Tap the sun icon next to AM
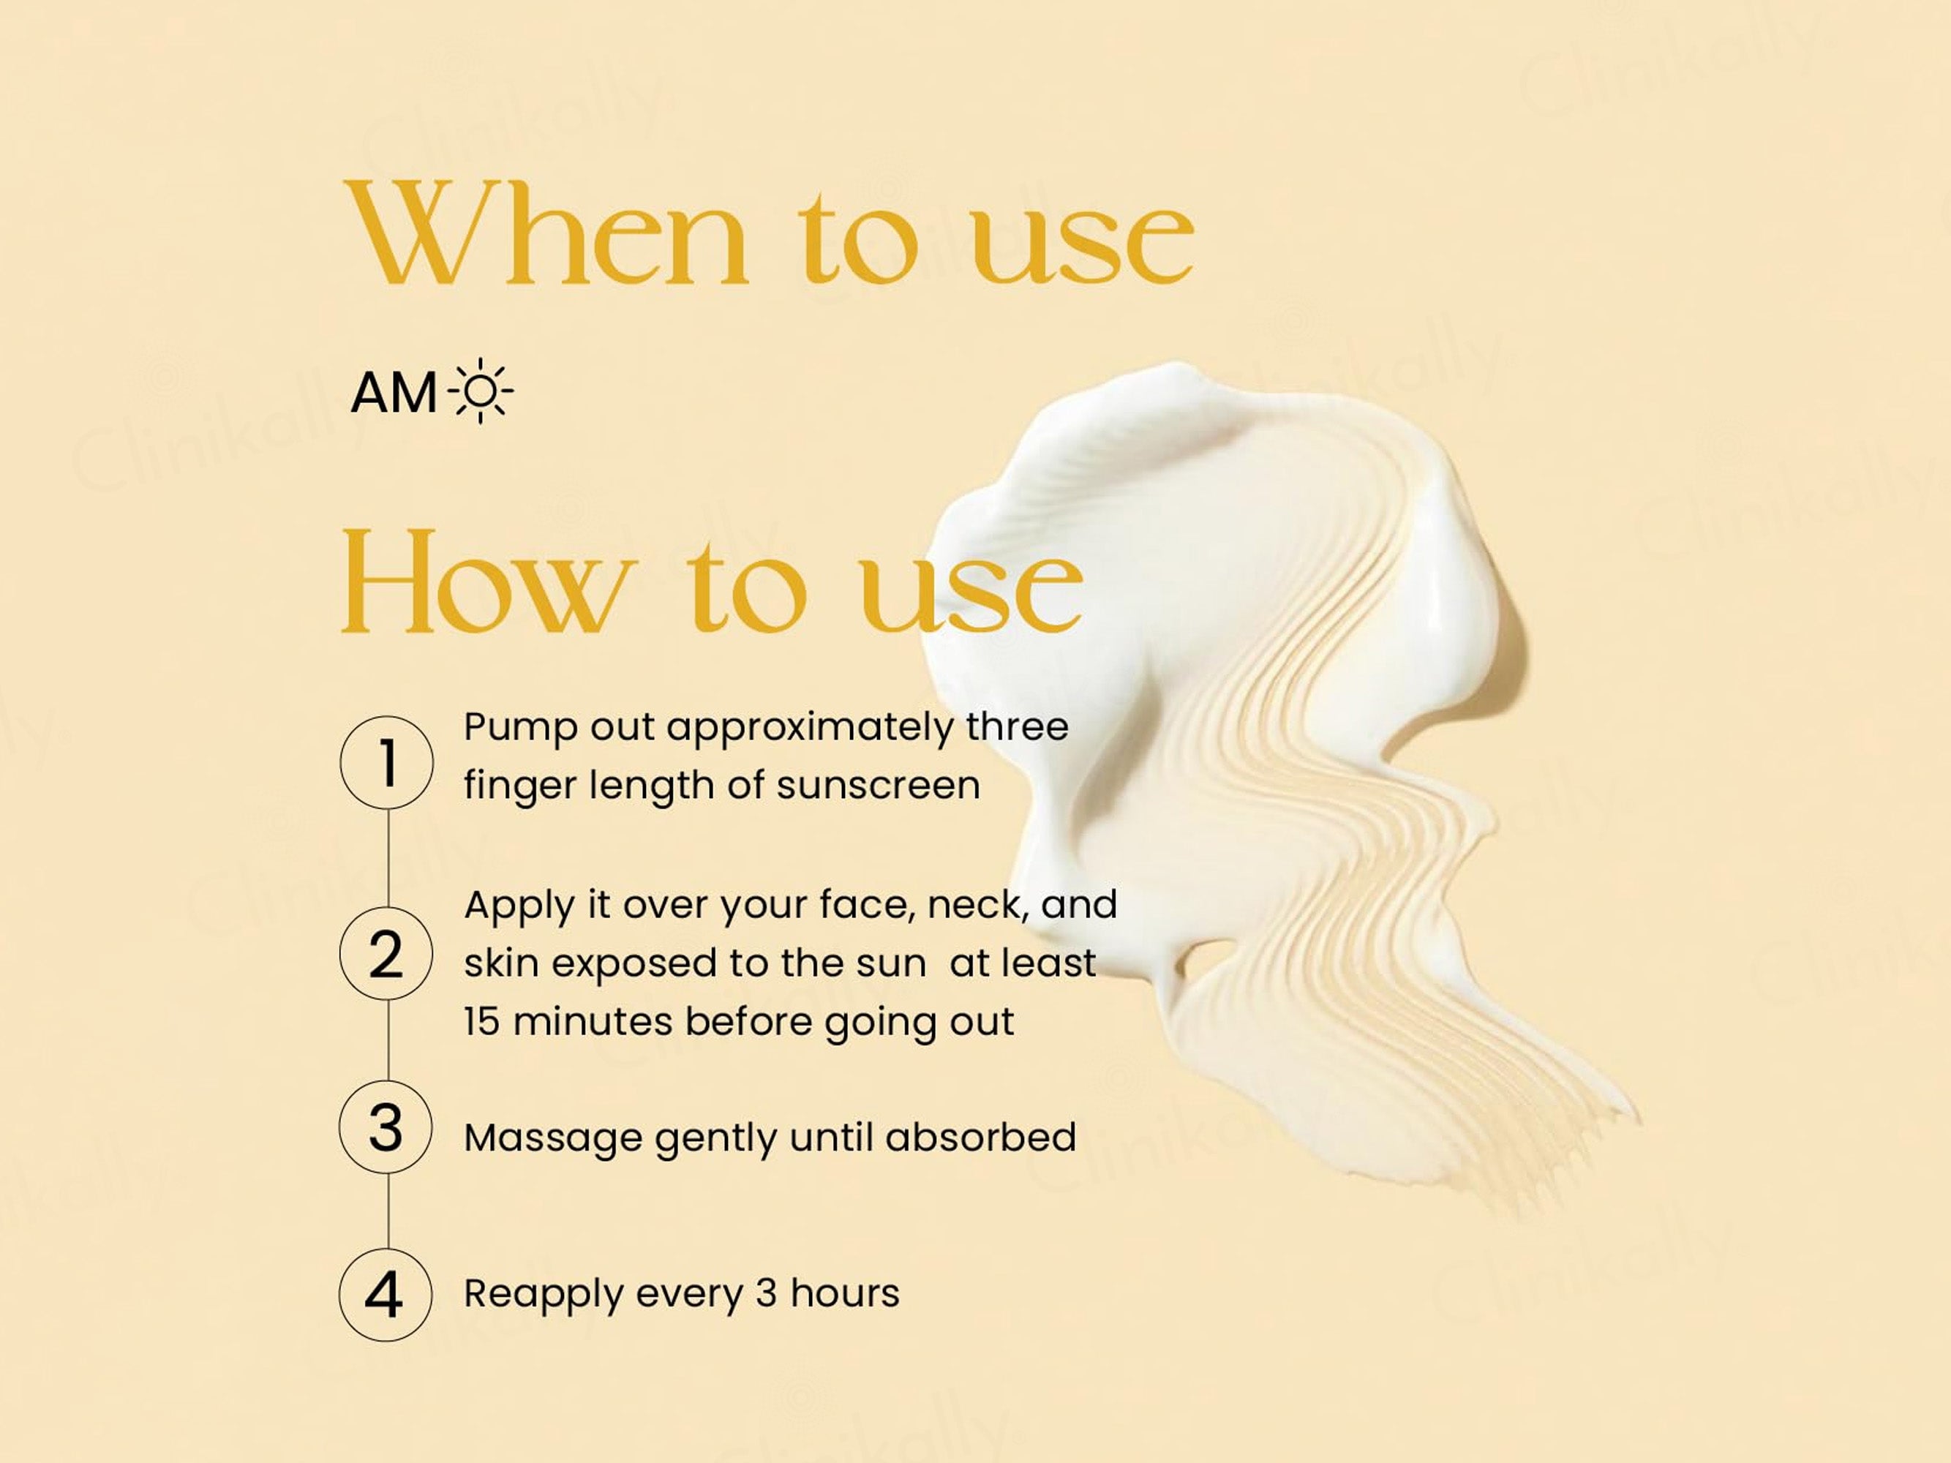coord(481,391)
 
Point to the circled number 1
coord(386,762)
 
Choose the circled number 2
coord(386,953)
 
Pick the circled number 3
coord(386,1128)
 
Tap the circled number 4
coord(386,1295)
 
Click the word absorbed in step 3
coord(981,1137)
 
